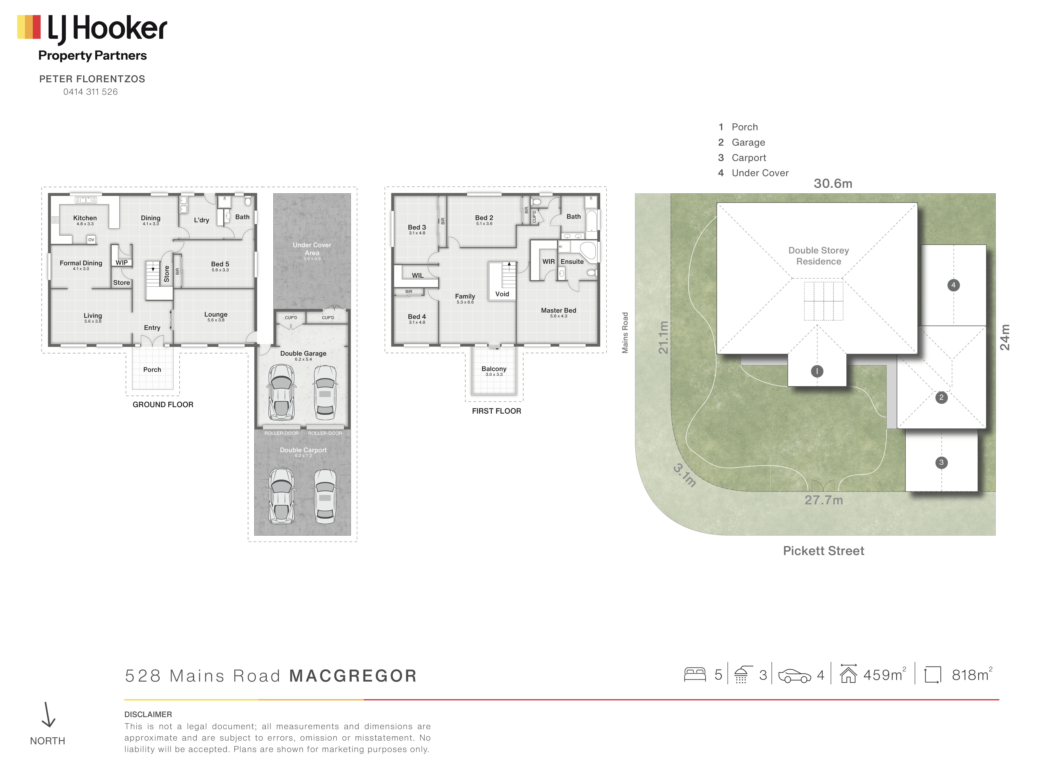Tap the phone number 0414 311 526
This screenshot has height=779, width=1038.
(x=91, y=92)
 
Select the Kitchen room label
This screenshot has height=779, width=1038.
(x=85, y=218)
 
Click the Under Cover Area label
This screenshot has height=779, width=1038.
(x=312, y=249)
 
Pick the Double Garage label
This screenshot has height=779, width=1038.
(x=303, y=353)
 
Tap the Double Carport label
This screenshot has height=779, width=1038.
(x=303, y=450)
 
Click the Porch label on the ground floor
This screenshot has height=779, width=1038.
(x=152, y=370)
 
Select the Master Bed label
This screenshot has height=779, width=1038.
(x=558, y=310)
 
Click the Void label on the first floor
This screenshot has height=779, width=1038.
(x=502, y=294)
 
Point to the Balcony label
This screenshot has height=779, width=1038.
(x=494, y=369)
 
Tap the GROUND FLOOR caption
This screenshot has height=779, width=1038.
(x=163, y=404)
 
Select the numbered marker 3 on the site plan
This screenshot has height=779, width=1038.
(x=941, y=462)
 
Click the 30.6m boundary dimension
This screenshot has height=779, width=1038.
(x=833, y=184)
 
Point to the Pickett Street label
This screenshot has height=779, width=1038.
(x=824, y=551)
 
